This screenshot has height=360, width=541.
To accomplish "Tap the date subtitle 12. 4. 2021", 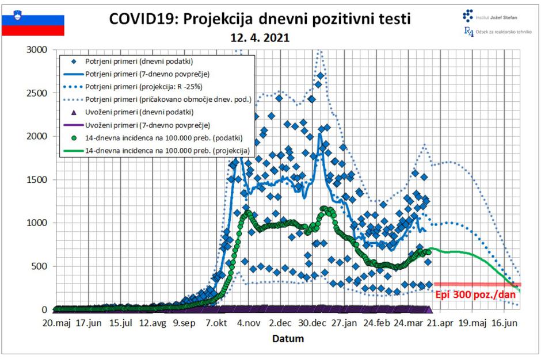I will click(261, 38).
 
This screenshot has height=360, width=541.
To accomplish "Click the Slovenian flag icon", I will click(33, 25).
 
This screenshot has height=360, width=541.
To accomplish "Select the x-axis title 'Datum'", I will click(288, 339).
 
